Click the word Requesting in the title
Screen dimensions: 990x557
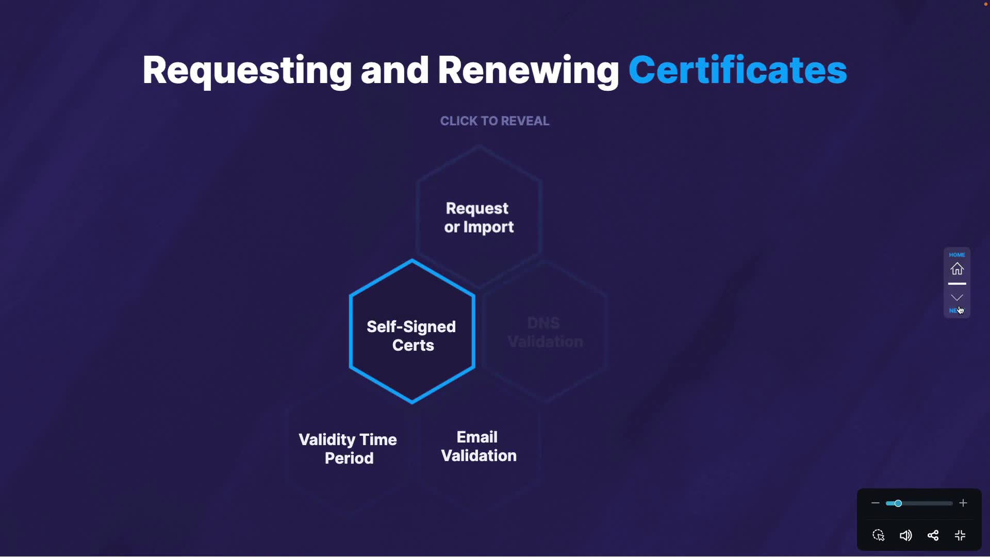pyautogui.click(x=246, y=71)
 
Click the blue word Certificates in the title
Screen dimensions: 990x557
pyautogui.click(x=737, y=71)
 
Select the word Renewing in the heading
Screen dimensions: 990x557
pyautogui.click(x=528, y=71)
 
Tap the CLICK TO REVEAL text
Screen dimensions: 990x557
pyautogui.click(x=494, y=121)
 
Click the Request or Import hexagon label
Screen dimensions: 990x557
pyautogui.click(x=478, y=218)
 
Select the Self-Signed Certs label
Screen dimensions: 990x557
pyautogui.click(x=411, y=336)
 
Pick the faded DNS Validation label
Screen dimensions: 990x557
pyautogui.click(x=545, y=333)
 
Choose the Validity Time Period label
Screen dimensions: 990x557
pyautogui.click(x=348, y=449)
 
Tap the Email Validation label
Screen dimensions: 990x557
pyautogui.click(x=478, y=447)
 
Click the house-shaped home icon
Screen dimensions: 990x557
pyautogui.click(x=957, y=269)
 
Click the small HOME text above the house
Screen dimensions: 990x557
pyautogui.click(x=957, y=255)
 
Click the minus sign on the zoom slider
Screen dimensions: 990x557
pyautogui.click(x=875, y=503)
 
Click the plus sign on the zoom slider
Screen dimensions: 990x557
pyautogui.click(x=963, y=503)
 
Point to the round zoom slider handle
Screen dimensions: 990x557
pyautogui.click(x=898, y=503)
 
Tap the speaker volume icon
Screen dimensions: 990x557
pyautogui.click(x=905, y=536)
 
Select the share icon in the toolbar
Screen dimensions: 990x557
pyautogui.click(x=933, y=536)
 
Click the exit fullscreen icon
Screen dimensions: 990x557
pyautogui.click(x=960, y=536)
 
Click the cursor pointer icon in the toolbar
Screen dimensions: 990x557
pyautogui.click(x=879, y=536)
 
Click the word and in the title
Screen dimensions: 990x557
pyautogui.click(x=394, y=71)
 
